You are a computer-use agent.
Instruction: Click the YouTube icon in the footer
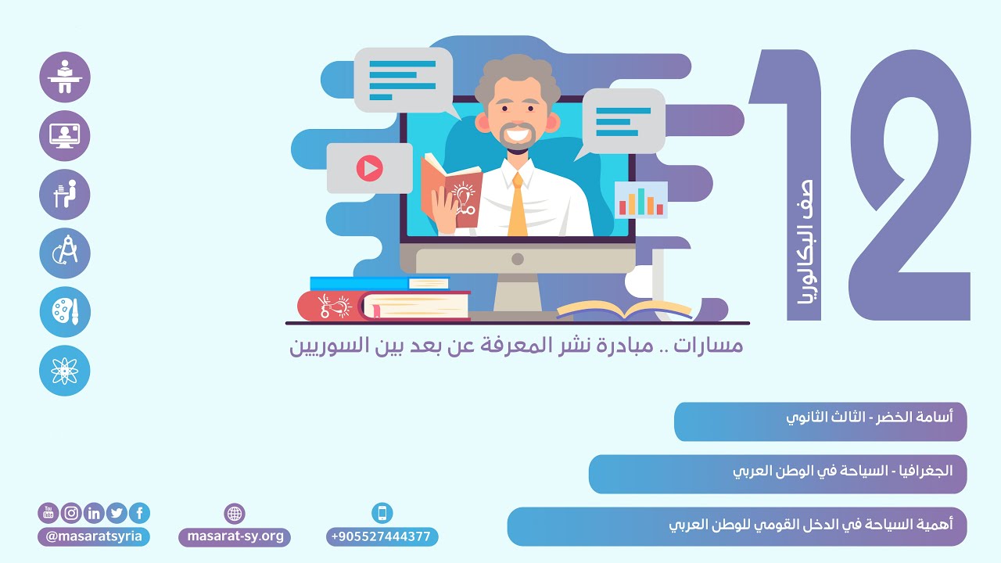tap(48, 513)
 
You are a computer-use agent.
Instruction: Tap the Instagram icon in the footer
tap(71, 513)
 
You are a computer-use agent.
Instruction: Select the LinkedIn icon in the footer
tap(94, 513)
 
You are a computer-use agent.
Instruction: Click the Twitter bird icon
tap(117, 513)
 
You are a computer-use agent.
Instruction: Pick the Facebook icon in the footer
tap(139, 513)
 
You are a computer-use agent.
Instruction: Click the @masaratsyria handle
tap(93, 536)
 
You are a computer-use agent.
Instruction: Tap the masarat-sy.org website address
tap(235, 536)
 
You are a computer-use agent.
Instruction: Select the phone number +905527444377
tap(382, 536)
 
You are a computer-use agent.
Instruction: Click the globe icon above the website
tap(235, 514)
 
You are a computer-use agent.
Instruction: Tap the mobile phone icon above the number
tap(382, 513)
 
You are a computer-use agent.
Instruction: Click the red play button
tap(369, 167)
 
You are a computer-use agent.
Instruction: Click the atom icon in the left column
tap(65, 371)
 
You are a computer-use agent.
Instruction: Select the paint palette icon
tap(65, 312)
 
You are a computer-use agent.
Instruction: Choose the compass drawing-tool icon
tap(65, 253)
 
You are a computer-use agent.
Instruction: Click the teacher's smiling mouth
tap(517, 135)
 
